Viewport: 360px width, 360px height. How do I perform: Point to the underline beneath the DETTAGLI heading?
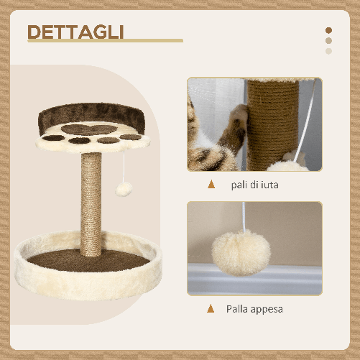click(105, 41)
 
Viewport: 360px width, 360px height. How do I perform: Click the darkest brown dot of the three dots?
click(329, 30)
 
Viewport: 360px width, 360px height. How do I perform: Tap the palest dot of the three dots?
click(329, 50)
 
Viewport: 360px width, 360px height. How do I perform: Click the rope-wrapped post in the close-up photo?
click(272, 115)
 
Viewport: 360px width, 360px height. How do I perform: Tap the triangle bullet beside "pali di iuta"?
click(211, 184)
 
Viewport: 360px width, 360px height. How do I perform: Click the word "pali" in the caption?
click(240, 185)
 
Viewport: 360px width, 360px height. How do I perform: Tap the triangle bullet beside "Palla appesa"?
click(211, 309)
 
